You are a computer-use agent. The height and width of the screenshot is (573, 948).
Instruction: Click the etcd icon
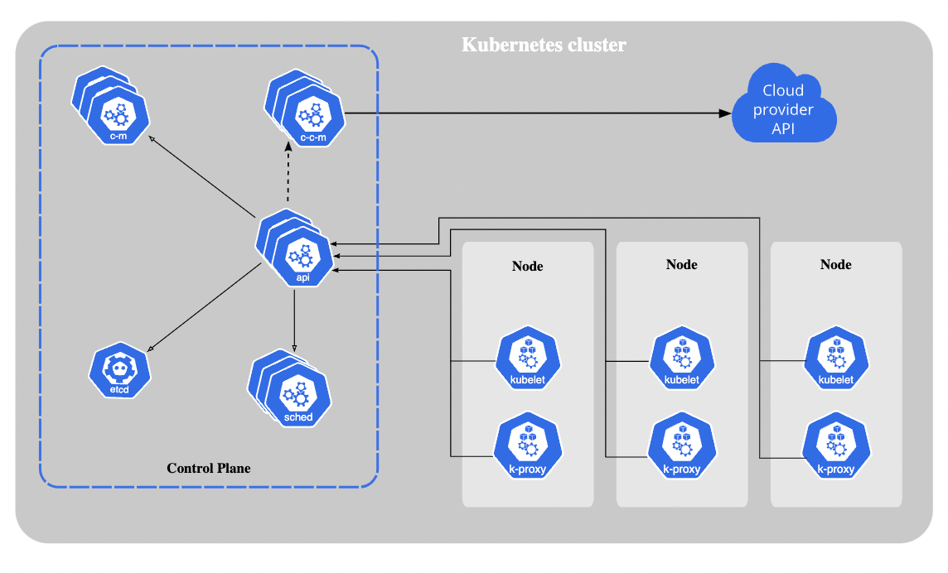121,371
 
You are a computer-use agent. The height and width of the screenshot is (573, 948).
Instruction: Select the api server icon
302,255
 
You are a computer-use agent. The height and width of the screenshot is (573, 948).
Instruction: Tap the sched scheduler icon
297,397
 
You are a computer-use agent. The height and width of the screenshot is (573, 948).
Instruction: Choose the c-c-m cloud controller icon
312,117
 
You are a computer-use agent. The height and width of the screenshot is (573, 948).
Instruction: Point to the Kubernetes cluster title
544,45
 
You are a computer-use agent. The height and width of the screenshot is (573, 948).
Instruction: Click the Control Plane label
209,468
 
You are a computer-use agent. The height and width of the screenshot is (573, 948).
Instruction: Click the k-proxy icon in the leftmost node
528,449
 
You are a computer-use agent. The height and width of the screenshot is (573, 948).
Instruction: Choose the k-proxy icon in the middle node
682,449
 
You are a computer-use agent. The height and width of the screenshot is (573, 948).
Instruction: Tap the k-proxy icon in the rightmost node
835,449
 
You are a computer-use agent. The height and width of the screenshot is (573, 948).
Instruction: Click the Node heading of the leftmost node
528,266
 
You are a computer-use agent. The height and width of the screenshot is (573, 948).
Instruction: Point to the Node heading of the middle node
682,264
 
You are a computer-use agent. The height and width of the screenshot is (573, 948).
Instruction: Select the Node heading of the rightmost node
835,264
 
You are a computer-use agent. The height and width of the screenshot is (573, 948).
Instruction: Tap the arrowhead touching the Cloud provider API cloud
725,113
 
